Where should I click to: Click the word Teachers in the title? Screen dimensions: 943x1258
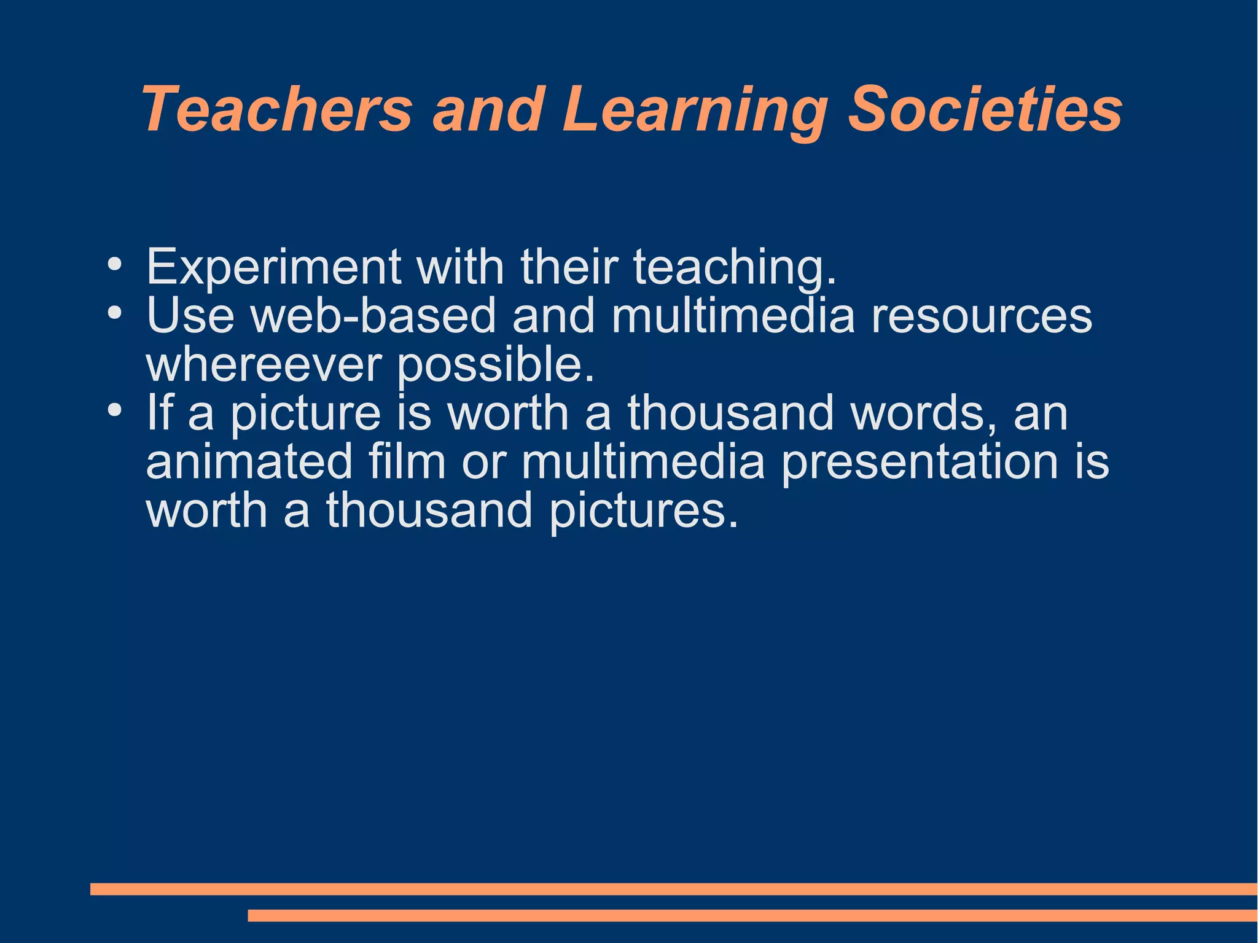(277, 109)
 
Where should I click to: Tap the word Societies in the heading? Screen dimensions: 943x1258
(985, 109)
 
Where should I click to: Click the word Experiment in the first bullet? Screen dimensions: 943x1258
(273, 267)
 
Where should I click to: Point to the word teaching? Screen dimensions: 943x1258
(735, 268)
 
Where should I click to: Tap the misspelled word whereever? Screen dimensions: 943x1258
(264, 364)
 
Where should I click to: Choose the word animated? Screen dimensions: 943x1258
(249, 461)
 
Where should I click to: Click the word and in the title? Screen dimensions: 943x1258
(488, 109)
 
